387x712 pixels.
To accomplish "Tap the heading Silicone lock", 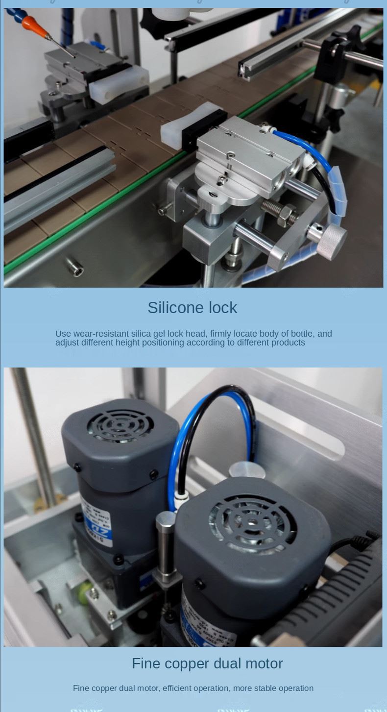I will coord(192,308).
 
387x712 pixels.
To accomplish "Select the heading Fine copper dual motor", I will coord(207,663).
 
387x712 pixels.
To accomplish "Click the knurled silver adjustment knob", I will coord(331,240).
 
